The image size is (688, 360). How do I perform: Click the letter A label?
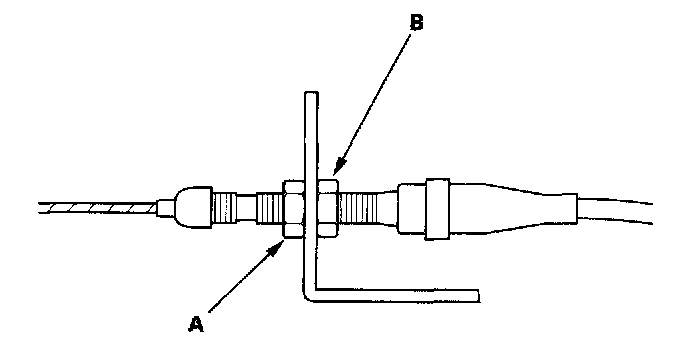click(196, 324)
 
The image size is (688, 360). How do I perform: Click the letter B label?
click(416, 22)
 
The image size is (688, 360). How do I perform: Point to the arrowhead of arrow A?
click(276, 248)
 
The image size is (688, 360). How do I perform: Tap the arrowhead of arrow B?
click(338, 169)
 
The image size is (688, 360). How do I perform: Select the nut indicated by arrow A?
click(294, 209)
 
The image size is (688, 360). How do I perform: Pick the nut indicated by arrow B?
click(328, 207)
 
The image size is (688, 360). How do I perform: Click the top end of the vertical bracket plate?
click(311, 93)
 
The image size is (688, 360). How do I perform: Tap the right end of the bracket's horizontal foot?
click(477, 295)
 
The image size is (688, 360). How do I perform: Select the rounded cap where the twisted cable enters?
click(194, 208)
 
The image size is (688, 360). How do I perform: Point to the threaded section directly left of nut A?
click(270, 209)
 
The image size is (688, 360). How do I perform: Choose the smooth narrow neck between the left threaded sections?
click(247, 208)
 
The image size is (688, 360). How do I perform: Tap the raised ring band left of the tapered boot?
click(437, 209)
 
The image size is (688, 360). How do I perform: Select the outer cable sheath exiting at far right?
click(615, 211)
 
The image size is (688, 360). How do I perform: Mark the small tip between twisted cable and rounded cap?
click(166, 208)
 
